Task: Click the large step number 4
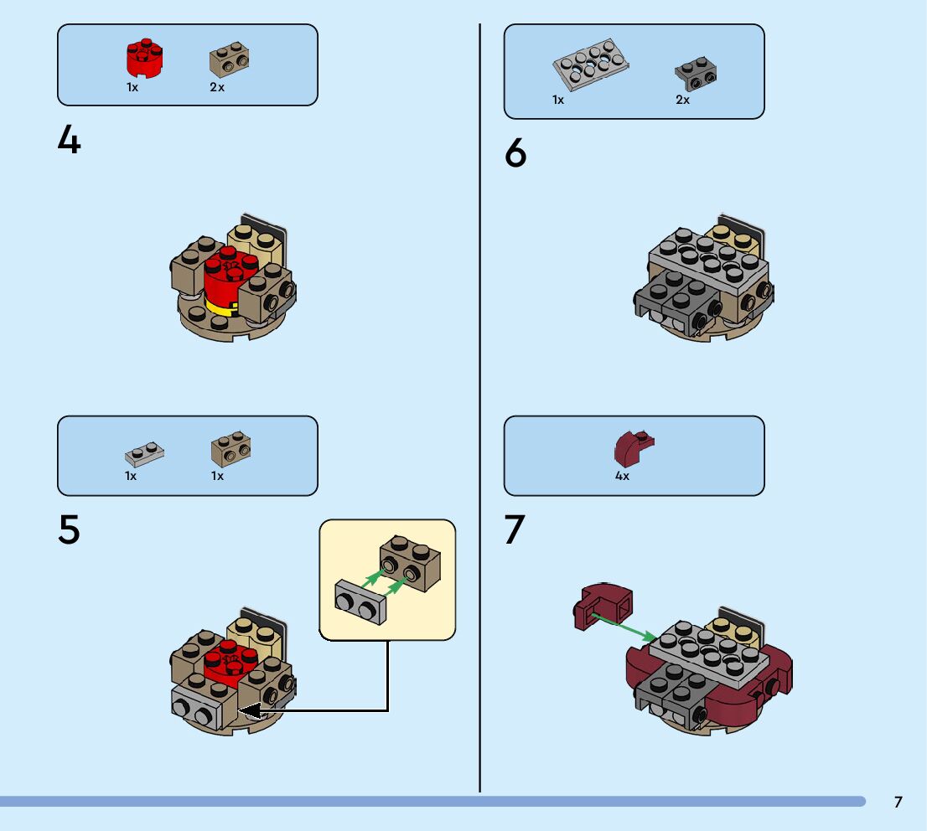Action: pyautogui.click(x=70, y=141)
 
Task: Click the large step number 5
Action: pyautogui.click(x=70, y=529)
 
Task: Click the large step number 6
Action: pyautogui.click(x=516, y=154)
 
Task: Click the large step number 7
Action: pyautogui.click(x=515, y=530)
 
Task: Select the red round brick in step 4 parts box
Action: pyautogui.click(x=144, y=57)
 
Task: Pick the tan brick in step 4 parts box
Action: pyautogui.click(x=231, y=59)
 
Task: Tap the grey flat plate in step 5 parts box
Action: pyautogui.click(x=144, y=453)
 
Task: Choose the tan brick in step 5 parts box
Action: pyautogui.click(x=231, y=450)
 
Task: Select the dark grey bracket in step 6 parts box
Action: pyautogui.click(x=696, y=75)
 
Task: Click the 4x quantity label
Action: pyautogui.click(x=622, y=476)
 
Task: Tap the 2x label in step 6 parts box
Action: pyautogui.click(x=682, y=100)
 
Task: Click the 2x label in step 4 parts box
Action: pyautogui.click(x=217, y=87)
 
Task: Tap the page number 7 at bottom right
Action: pyautogui.click(x=899, y=802)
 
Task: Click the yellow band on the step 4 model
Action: pyautogui.click(x=220, y=308)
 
